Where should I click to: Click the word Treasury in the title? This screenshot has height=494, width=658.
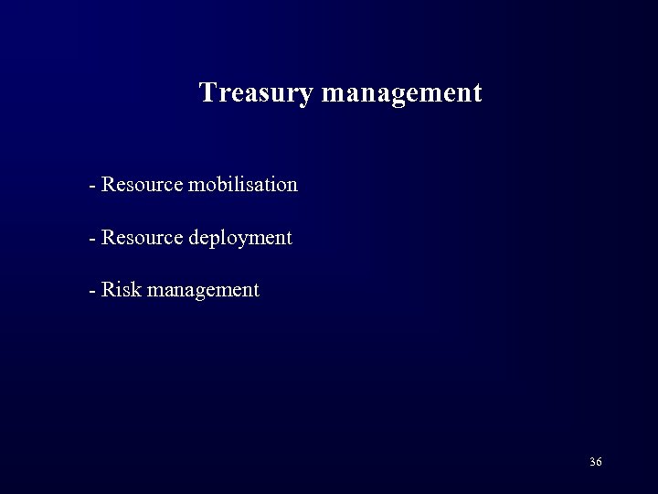tap(256, 92)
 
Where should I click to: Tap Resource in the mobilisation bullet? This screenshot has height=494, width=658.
tap(142, 184)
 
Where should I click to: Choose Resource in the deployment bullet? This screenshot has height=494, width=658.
tap(142, 237)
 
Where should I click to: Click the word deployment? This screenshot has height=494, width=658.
tap(239, 239)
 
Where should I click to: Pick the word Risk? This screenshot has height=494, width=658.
tap(117, 290)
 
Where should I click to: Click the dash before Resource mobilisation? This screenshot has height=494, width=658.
tap(92, 186)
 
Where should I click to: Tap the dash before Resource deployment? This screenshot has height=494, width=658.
tap(92, 239)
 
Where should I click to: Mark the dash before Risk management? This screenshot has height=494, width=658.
tap(92, 292)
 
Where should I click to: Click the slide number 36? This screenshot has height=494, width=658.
tap(596, 462)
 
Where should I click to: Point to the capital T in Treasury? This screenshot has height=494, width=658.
tap(208, 92)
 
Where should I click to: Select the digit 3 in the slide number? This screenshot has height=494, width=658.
tap(592, 462)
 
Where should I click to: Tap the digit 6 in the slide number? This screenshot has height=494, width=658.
tap(600, 462)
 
